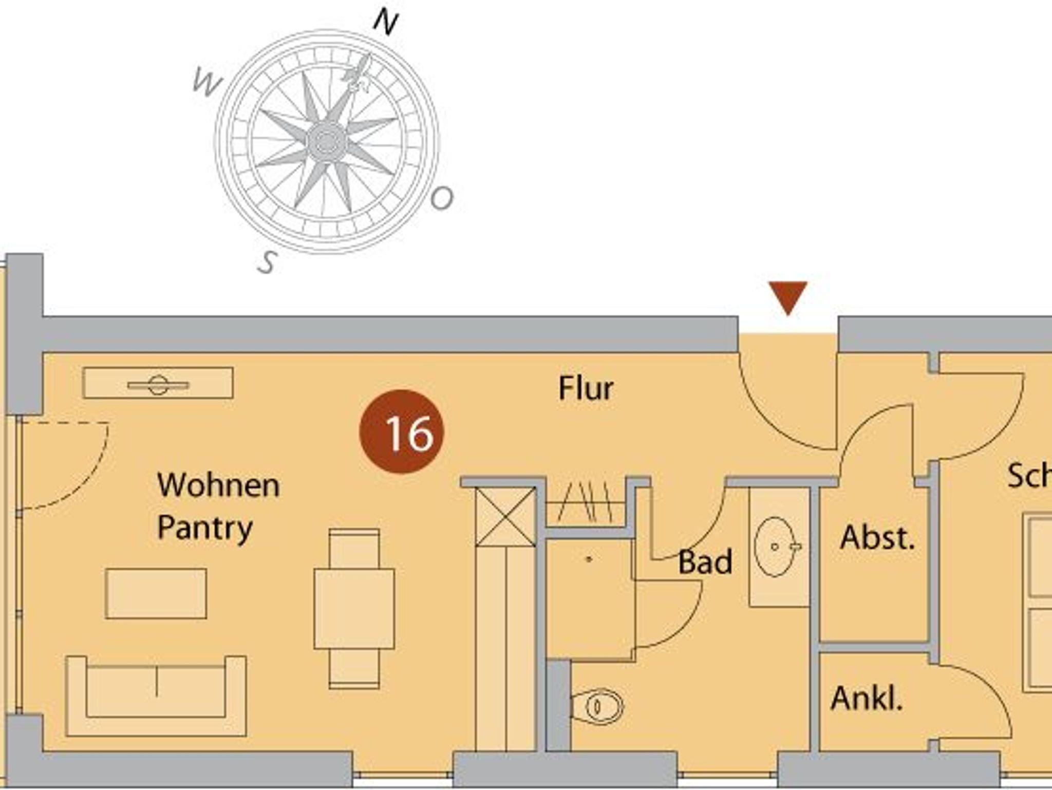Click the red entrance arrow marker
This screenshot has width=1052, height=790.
[x=787, y=296]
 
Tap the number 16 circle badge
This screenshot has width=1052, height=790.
[x=402, y=431]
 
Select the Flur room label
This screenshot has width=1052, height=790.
[x=586, y=388]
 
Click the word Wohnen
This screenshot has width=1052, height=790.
[x=218, y=485]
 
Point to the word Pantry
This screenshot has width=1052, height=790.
[x=205, y=528]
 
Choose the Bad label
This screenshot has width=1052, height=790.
[x=705, y=562]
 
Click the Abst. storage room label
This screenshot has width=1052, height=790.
[x=877, y=538]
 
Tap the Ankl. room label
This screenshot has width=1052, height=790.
[x=867, y=699]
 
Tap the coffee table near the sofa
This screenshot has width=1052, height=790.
[x=156, y=593]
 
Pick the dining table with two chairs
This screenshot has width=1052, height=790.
[x=354, y=608]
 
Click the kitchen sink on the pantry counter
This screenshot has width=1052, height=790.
[x=158, y=384]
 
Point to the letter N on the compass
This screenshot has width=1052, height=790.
[x=385, y=23]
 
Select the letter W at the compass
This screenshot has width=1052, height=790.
[x=206, y=83]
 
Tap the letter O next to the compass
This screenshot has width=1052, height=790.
[x=442, y=198]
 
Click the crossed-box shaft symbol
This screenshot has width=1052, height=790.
[x=505, y=516]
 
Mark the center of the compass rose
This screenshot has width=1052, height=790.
[x=326, y=140]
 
